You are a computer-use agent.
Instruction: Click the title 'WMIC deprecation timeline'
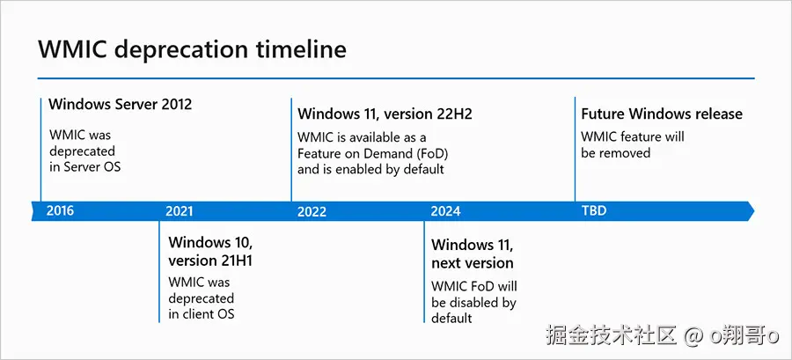(x=192, y=50)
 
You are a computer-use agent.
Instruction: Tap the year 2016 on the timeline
(x=60, y=210)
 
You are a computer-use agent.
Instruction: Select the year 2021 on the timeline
(x=180, y=211)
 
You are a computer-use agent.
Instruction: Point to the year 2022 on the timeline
(x=312, y=211)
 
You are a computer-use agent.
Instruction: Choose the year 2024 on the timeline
(x=445, y=211)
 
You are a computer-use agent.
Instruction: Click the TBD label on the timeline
(x=594, y=210)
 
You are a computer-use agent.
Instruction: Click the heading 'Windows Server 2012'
(x=121, y=105)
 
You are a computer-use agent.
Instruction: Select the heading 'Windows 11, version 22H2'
(x=385, y=114)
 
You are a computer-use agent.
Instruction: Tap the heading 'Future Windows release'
(x=662, y=114)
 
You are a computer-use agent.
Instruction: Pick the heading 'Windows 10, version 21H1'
(x=210, y=251)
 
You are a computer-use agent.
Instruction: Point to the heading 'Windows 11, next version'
(x=473, y=254)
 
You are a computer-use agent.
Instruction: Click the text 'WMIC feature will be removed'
(x=633, y=144)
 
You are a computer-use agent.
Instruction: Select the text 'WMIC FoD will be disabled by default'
(x=473, y=302)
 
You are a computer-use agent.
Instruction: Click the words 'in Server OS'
(x=84, y=167)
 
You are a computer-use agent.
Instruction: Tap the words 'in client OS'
(x=202, y=313)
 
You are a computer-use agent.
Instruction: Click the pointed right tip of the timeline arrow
(x=754, y=211)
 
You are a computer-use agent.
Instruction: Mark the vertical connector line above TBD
(x=575, y=150)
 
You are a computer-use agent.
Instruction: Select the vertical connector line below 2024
(x=424, y=272)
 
